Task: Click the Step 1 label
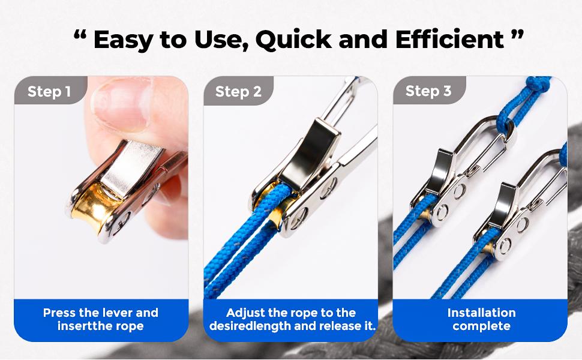[x=49, y=91]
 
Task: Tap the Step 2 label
[x=238, y=91]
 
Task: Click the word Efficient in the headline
[x=449, y=40]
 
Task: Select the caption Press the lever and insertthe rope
[x=101, y=319]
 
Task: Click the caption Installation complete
[x=481, y=319]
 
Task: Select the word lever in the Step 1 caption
[x=122, y=313]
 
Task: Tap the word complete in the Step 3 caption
[x=481, y=326]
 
